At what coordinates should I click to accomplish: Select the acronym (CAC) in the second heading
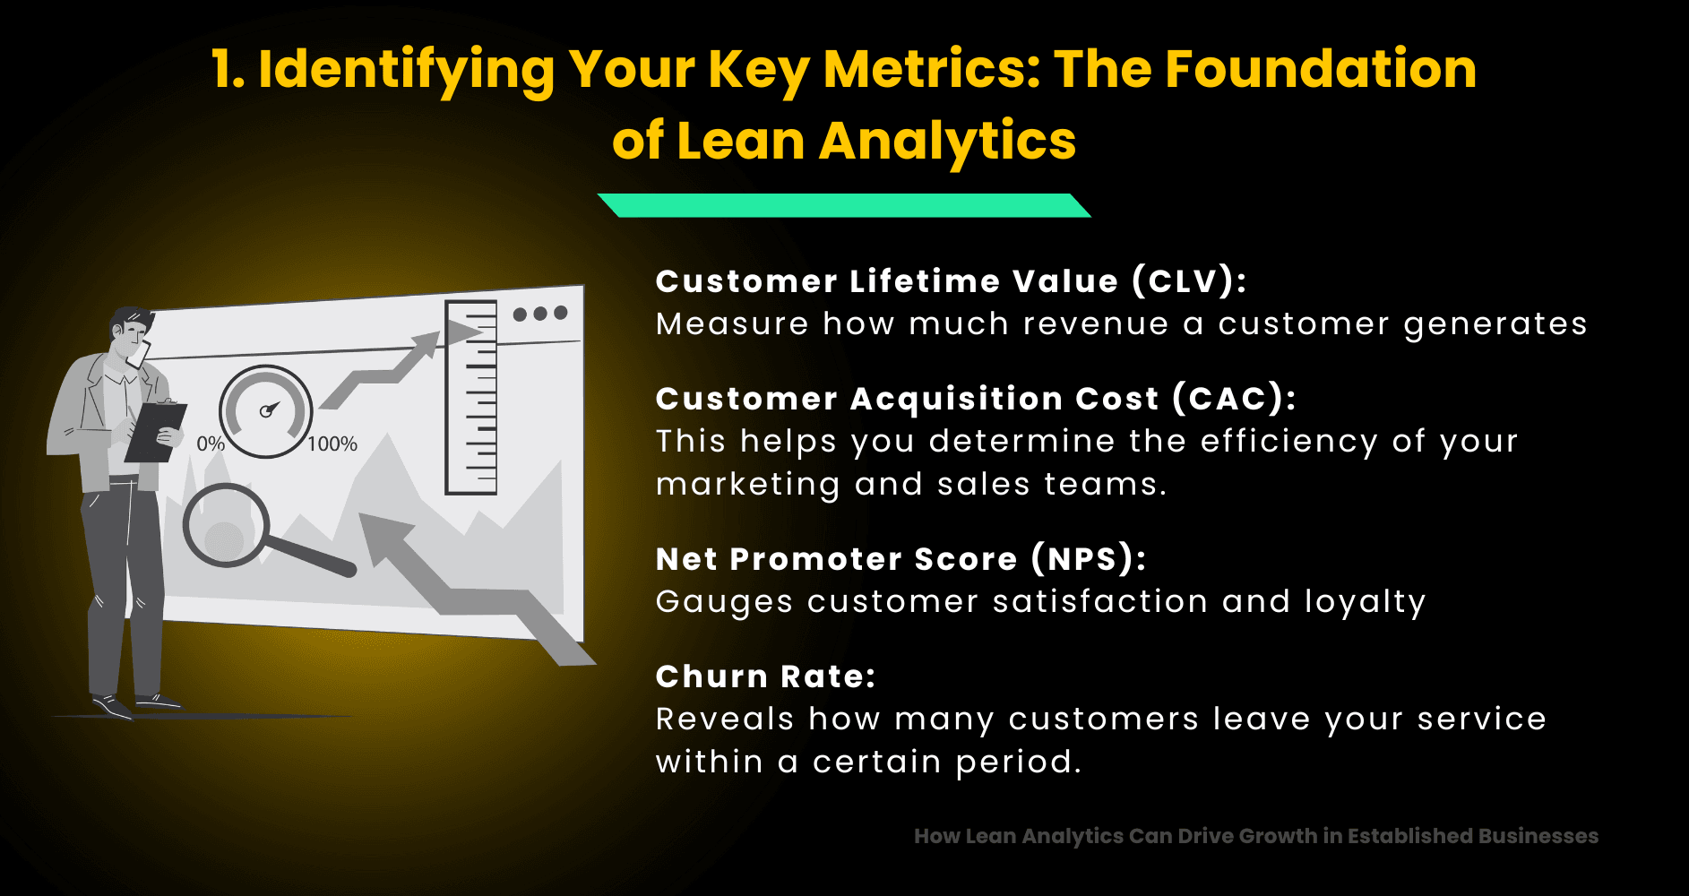(x=1234, y=399)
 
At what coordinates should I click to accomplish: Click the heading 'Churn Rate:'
(x=765, y=676)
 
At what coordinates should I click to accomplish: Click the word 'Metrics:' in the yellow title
(x=932, y=69)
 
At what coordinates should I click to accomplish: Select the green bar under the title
(x=843, y=205)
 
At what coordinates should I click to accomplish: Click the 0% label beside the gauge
(x=211, y=444)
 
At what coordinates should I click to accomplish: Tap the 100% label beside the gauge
(x=332, y=444)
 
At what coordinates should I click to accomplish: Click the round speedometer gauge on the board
(x=266, y=411)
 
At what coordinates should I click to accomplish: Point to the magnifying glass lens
(x=225, y=526)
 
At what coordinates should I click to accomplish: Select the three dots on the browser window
(x=540, y=314)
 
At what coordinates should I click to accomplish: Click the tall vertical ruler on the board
(x=471, y=398)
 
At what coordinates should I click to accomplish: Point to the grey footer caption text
(x=1255, y=836)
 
